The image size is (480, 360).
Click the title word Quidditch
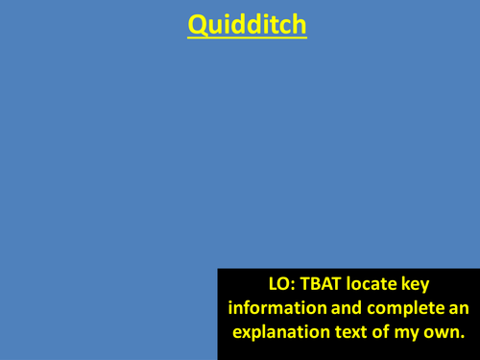[247, 25]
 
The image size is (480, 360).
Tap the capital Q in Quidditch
[198, 25]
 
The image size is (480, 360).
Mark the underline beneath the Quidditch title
[247, 38]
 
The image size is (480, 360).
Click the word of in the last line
[385, 333]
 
